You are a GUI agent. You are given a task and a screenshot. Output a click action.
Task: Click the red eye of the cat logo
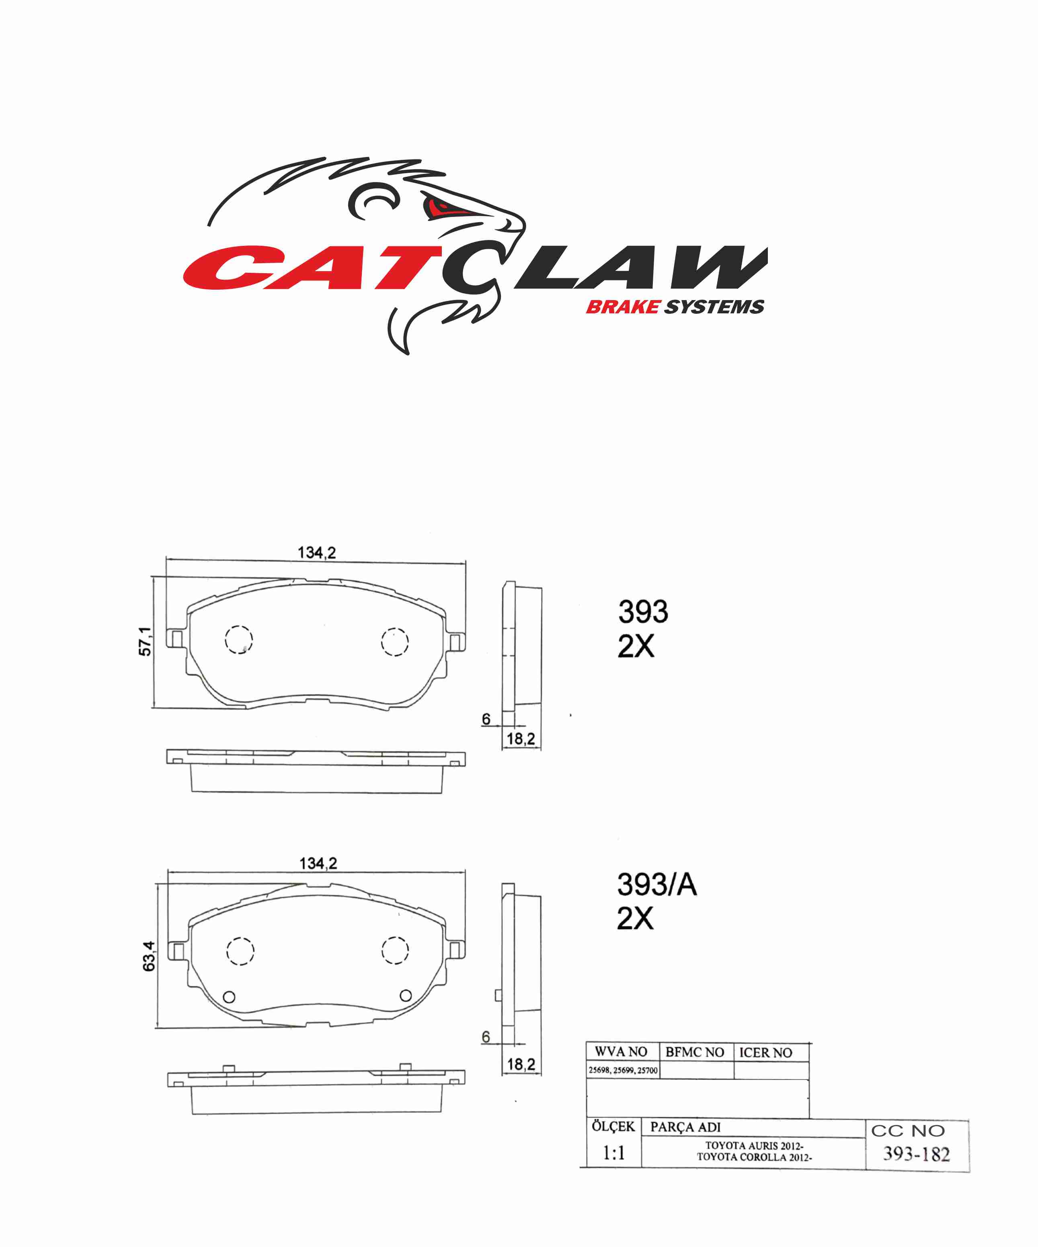(443, 207)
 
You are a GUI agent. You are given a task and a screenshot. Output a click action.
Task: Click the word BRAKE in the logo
(623, 307)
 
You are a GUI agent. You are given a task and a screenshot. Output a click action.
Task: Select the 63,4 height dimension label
(148, 956)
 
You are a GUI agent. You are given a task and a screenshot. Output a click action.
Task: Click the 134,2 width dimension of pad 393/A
(318, 863)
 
